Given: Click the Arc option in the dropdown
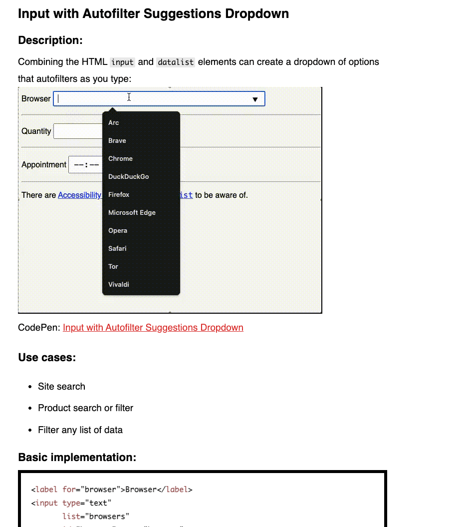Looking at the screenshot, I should pos(114,123).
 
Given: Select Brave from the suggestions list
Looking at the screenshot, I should pos(117,141).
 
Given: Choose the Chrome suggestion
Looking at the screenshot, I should pos(121,159).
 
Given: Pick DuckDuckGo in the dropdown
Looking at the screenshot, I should pos(129,177).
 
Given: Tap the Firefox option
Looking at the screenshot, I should pos(119,195).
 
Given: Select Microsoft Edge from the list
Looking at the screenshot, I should pos(132,213).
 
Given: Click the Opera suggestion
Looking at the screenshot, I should pos(118,231).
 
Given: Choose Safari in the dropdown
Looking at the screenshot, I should pos(117,249).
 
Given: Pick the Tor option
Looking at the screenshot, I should pos(113,267).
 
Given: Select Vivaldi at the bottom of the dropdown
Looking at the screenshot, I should pos(119,285).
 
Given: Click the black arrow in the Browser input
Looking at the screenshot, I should pos(255,99).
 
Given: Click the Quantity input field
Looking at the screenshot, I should pos(77,131).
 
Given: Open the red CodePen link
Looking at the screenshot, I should pos(153,328).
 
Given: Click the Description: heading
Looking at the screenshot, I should pos(50,40).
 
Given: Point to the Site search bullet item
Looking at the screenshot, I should pos(61,387).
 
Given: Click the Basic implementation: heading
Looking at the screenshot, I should pos(77,458).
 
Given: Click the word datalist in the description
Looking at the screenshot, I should pos(175,62).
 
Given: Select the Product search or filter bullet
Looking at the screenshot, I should pos(85,408).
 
